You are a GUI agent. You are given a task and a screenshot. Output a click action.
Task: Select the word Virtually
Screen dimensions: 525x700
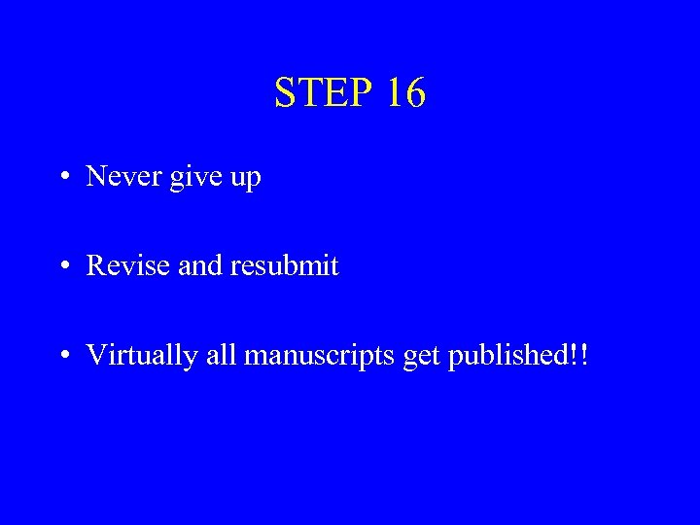(140, 356)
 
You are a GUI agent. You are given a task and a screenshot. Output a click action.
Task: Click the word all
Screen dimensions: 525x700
(220, 355)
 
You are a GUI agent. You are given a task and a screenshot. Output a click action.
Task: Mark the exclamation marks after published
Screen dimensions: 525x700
(579, 355)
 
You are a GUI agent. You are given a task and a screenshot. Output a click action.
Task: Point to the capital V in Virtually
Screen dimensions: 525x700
(96, 356)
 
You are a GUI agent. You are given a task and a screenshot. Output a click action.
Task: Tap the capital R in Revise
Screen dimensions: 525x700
(96, 265)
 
